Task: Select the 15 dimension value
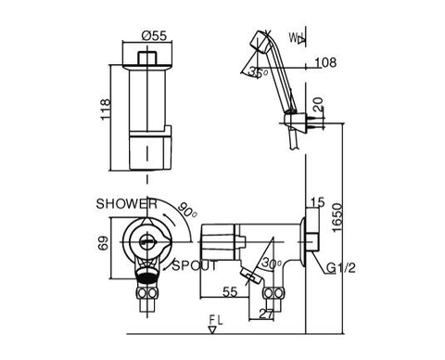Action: pos(317,201)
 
